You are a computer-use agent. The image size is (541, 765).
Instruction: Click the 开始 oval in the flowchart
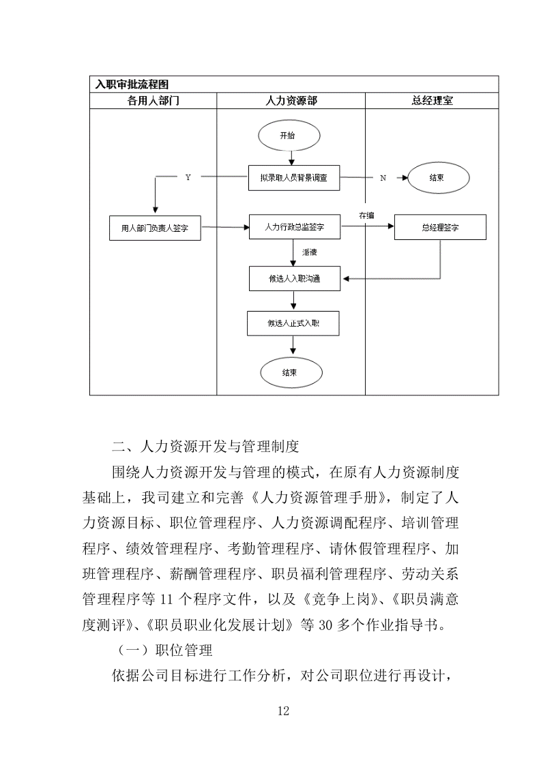coord(288,136)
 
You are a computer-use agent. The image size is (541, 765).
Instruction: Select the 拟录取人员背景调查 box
coord(293,177)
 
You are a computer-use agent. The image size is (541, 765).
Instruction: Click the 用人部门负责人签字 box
coord(155,228)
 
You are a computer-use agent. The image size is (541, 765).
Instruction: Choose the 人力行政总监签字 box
coord(293,227)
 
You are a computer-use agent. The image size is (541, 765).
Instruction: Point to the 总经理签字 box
coord(440,228)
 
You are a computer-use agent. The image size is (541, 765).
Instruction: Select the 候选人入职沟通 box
coord(294,278)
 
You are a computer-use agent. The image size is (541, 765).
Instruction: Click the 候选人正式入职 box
coord(293,323)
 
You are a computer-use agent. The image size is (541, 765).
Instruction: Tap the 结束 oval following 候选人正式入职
coord(289,372)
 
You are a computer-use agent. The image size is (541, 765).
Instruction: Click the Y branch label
coord(188,177)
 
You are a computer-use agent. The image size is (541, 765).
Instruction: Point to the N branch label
coord(382,177)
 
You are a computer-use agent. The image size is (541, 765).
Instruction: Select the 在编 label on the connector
coord(367,215)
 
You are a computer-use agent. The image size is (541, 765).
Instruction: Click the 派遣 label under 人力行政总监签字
coord(309,252)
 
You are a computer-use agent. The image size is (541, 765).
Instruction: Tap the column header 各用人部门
coord(153,100)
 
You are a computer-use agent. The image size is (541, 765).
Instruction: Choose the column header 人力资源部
coord(291,100)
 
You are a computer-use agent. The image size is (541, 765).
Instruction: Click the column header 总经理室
coord(433,100)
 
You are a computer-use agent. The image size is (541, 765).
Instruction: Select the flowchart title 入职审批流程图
coord(132,85)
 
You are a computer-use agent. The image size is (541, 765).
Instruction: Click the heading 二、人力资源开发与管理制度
coord(205,447)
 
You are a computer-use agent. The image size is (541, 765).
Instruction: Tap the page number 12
coord(284,711)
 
